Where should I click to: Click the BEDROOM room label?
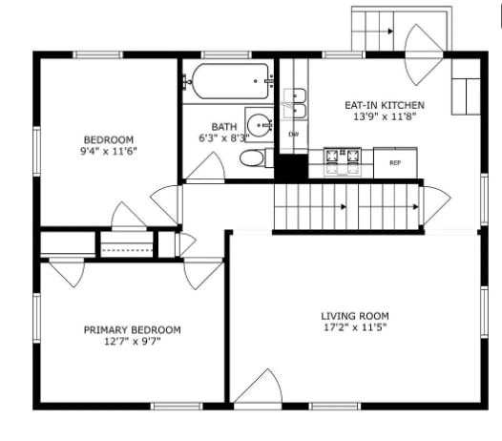[x=108, y=138]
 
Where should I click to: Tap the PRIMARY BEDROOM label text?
[x=132, y=329]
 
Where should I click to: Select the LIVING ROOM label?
[x=354, y=315]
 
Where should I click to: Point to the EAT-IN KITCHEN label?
[x=384, y=105]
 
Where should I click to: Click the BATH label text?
[x=224, y=126]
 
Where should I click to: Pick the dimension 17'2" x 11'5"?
[x=354, y=327]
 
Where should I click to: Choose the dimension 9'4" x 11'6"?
[x=108, y=151]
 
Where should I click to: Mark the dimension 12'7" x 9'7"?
[x=132, y=342]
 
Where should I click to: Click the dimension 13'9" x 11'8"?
[x=384, y=116]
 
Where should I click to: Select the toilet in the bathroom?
[x=253, y=158]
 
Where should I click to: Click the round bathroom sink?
[x=258, y=123]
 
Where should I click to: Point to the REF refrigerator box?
[x=394, y=163]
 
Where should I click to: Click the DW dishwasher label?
[x=293, y=134]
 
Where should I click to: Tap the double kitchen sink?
[x=296, y=102]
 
